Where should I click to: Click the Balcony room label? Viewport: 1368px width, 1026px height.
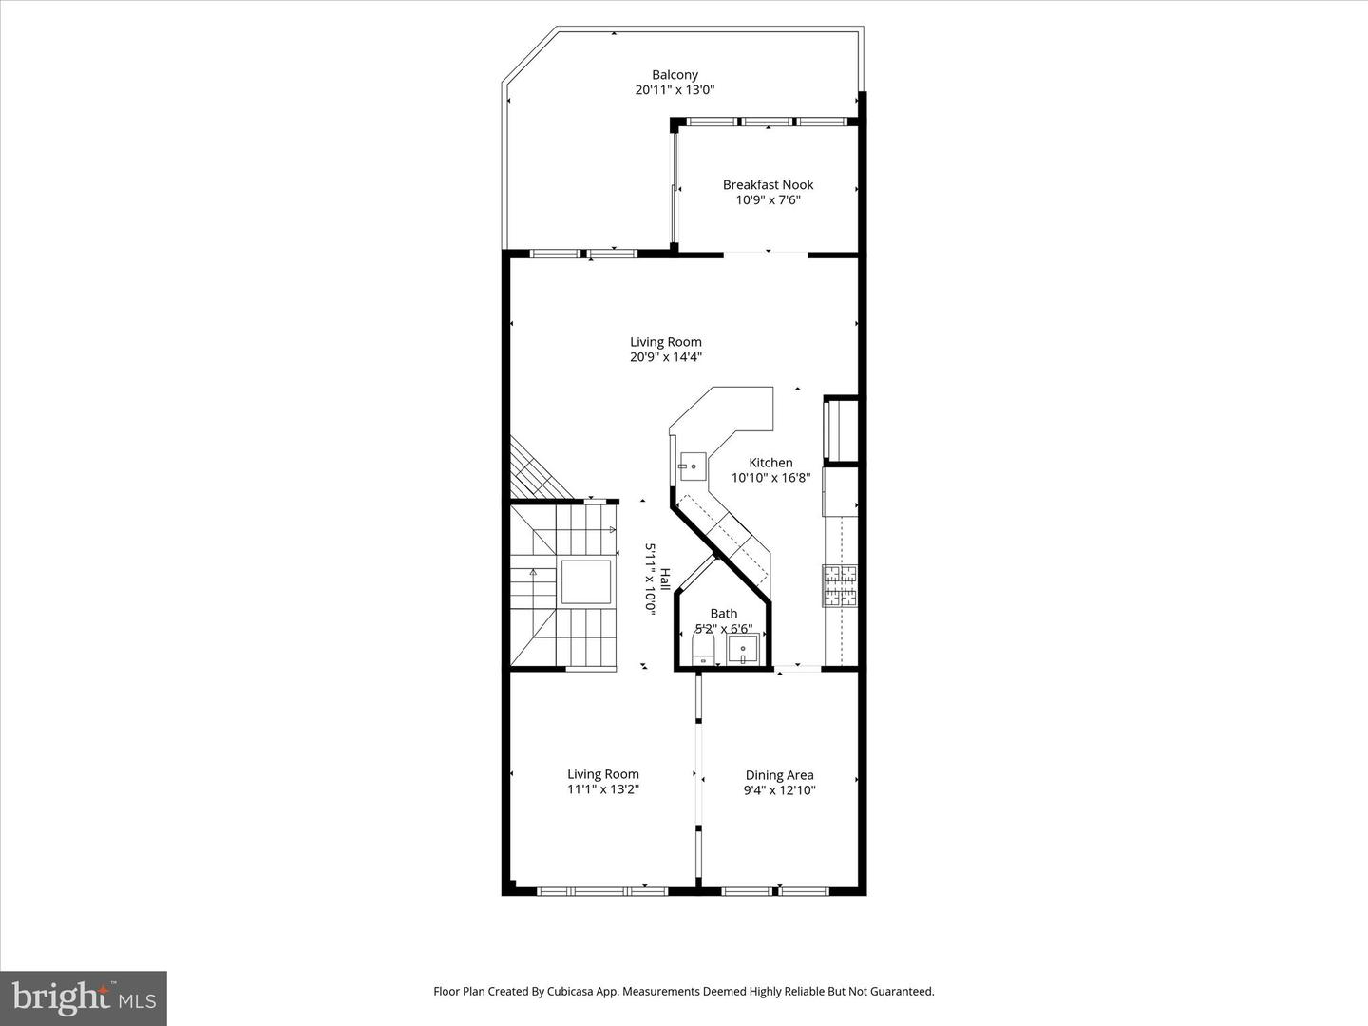[x=674, y=75]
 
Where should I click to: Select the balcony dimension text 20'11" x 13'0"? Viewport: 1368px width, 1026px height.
[x=674, y=90]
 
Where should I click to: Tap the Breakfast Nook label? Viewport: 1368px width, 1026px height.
[x=768, y=185]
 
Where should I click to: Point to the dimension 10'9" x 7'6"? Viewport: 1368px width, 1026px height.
[x=768, y=200]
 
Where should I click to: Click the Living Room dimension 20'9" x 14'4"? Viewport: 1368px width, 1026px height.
[x=666, y=358]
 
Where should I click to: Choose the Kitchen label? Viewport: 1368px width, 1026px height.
[x=770, y=463]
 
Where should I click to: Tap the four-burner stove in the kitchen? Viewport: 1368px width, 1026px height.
[x=839, y=585]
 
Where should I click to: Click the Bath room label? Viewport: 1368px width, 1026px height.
[x=723, y=614]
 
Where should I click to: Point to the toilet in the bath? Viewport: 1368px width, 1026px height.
[x=703, y=651]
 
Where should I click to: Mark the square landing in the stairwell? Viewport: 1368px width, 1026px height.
[x=585, y=581]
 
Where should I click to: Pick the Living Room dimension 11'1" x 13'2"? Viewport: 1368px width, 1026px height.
[x=603, y=789]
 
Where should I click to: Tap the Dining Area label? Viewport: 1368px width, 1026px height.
[x=779, y=775]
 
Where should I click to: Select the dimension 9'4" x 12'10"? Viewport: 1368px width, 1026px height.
[x=779, y=790]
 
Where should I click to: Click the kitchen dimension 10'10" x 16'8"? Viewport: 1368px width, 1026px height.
[x=770, y=478]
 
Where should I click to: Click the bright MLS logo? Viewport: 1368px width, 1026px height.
[x=84, y=997]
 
